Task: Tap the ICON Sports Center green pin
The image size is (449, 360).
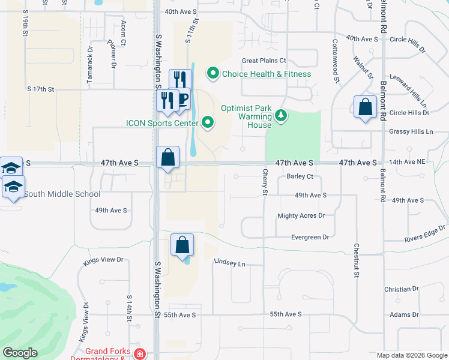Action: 208,123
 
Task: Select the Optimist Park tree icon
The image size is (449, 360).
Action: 280,114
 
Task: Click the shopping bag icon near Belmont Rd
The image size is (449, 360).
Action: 365,108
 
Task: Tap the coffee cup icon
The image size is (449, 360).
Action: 182,99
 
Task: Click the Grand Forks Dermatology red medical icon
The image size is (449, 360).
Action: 140,354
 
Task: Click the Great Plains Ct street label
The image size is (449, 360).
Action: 264,61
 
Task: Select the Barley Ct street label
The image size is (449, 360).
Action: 300,176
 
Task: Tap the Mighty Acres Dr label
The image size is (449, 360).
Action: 301,215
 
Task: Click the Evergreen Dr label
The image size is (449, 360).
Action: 310,238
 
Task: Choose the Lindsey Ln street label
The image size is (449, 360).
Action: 230,263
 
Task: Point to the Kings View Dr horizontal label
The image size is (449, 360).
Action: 103,260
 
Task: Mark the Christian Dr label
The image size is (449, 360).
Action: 402,289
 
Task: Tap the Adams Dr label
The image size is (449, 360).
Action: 404,314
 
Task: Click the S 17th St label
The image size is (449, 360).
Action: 41,89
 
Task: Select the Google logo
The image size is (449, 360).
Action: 20,353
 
